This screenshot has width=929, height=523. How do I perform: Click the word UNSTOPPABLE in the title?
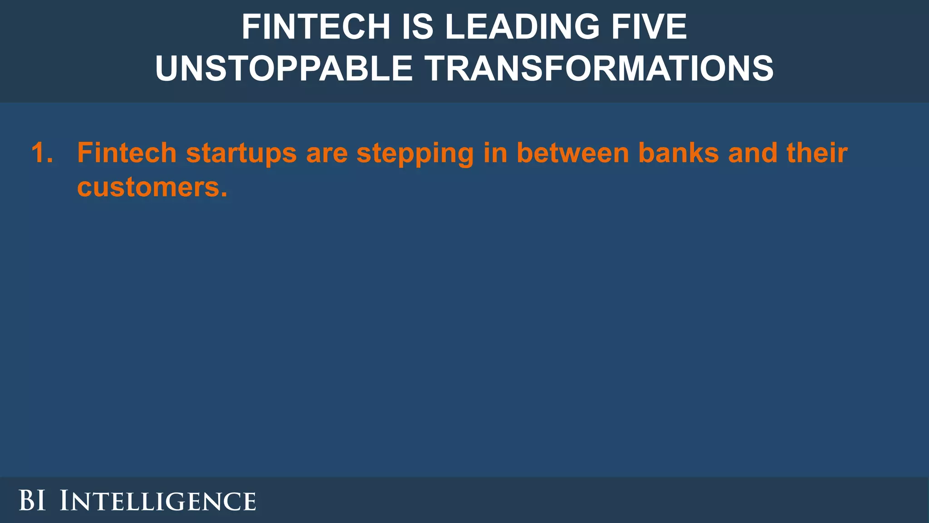point(284,68)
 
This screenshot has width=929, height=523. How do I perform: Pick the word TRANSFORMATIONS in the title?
point(599,68)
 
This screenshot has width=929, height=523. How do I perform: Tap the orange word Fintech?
point(127,153)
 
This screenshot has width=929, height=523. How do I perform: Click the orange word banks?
point(679,153)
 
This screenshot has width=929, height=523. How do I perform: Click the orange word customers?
point(152,187)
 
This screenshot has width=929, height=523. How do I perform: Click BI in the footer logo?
point(32,501)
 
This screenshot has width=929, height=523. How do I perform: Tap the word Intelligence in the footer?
point(158,501)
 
